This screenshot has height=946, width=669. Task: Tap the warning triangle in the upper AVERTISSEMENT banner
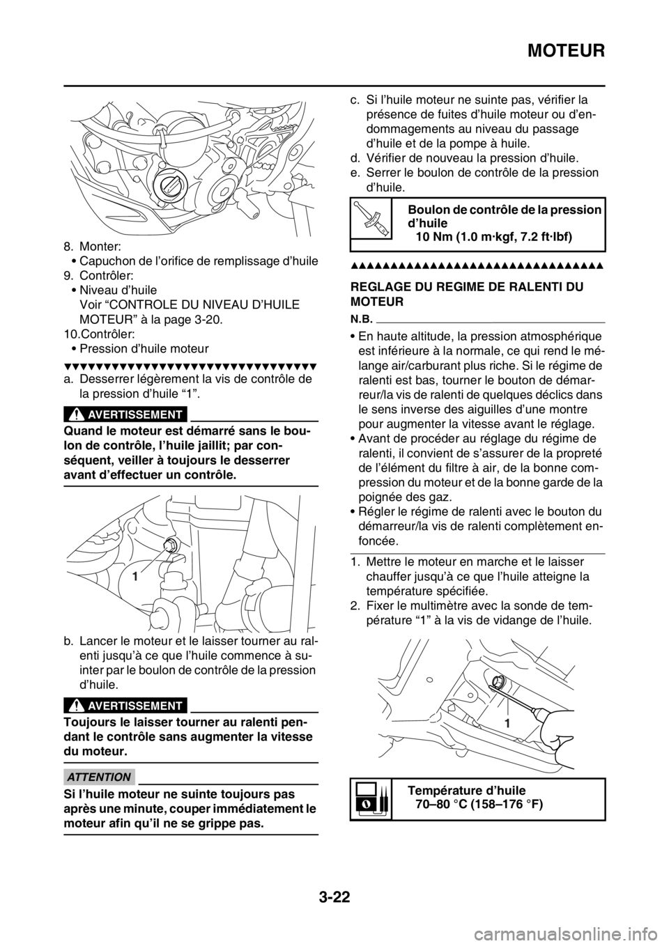(78, 414)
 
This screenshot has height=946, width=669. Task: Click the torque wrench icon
(371, 218)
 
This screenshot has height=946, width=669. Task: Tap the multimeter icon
(371, 798)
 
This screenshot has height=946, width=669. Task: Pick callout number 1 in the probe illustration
(508, 724)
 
